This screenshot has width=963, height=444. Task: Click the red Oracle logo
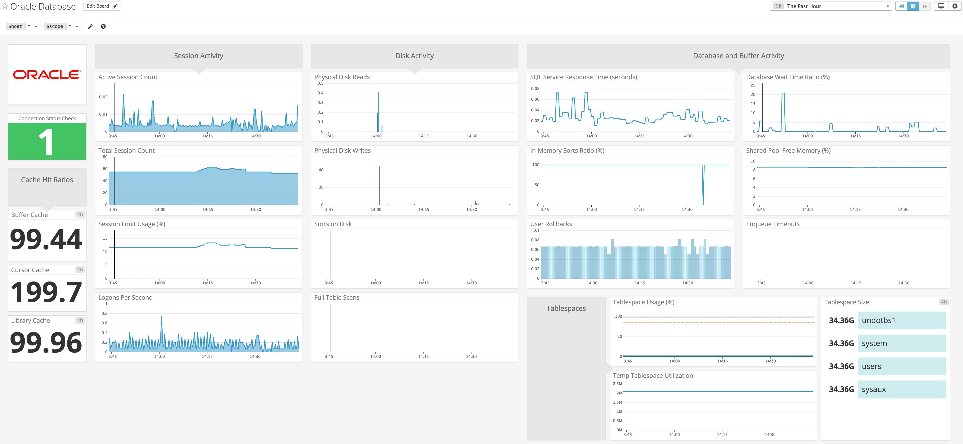pyautogui.click(x=47, y=75)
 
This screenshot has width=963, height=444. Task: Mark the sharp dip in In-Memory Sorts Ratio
pyautogui.click(x=703, y=194)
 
